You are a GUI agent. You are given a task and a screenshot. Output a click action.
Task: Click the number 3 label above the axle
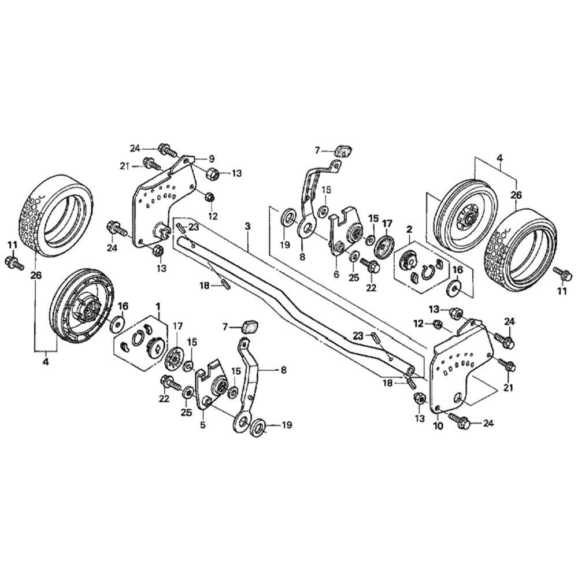pos(248,226)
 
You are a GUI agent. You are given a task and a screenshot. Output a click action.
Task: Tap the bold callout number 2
pos(409,229)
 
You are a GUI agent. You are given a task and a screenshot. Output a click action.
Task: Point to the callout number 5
pos(202,425)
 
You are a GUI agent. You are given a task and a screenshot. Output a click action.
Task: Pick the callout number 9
pos(211,157)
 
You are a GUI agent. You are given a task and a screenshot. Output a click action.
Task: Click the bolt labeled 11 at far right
pos(559,272)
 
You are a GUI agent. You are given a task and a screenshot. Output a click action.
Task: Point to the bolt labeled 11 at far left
pos(13,264)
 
